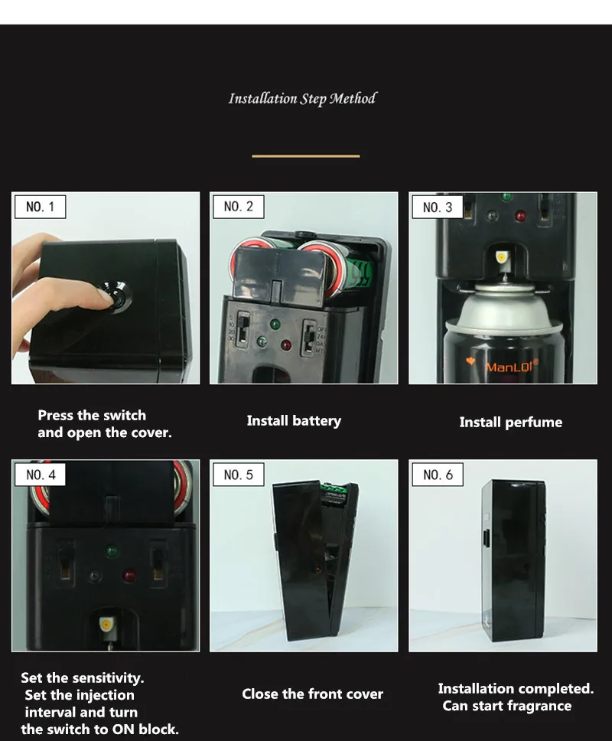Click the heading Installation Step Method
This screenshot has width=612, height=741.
point(302,99)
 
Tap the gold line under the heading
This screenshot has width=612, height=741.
point(305,156)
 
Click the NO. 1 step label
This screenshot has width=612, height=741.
point(41,207)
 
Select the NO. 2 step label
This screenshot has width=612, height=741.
point(238,207)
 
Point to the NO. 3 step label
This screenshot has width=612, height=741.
point(437,207)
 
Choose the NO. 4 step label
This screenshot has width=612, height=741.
point(41,475)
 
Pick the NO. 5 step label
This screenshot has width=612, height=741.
point(238,475)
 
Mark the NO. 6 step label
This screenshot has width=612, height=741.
point(437,475)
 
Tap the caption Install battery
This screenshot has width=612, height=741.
point(294,420)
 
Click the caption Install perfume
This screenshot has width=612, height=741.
point(510,422)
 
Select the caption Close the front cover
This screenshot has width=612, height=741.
point(312,694)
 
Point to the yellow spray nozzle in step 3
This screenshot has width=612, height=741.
point(502,257)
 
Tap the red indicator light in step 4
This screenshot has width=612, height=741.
point(129,573)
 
